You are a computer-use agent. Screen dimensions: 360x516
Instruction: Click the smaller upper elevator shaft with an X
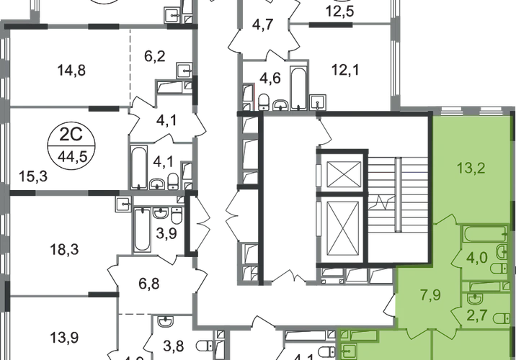[338, 174]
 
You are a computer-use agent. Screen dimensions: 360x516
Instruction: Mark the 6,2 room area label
[155, 54]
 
